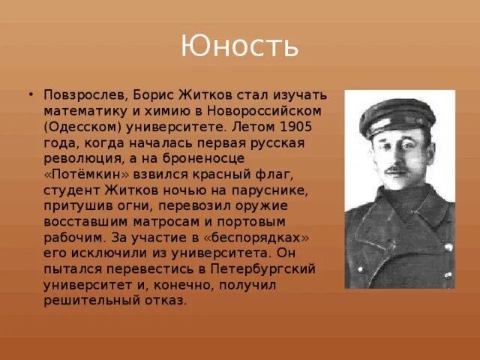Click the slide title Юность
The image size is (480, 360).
pos(239,47)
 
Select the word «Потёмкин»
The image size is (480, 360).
pos(84,174)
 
